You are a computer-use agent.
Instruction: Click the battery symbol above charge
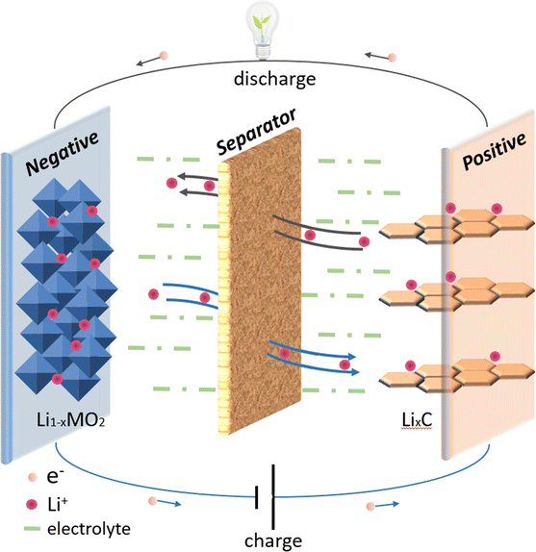click(x=268, y=494)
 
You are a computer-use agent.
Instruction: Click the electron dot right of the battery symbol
click(x=370, y=503)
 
